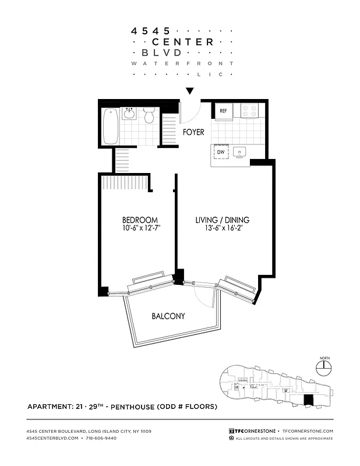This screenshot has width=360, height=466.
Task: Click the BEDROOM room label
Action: pyautogui.click(x=140, y=220)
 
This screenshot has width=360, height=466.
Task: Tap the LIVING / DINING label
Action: pyautogui.click(x=221, y=220)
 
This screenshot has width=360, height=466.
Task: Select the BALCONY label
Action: pyautogui.click(x=168, y=316)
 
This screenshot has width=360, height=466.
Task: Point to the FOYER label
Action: pyautogui.click(x=193, y=132)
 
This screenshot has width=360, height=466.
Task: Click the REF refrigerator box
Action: pyautogui.click(x=223, y=111)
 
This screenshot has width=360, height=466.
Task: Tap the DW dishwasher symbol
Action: pyautogui.click(x=221, y=153)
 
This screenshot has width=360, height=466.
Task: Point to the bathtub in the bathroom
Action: pyautogui.click(x=111, y=126)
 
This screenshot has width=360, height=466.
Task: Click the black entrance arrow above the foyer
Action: pyautogui.click(x=189, y=91)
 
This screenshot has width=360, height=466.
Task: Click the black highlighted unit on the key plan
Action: pyautogui.click(x=309, y=400)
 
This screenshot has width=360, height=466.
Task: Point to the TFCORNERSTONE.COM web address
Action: pyautogui.click(x=306, y=430)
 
